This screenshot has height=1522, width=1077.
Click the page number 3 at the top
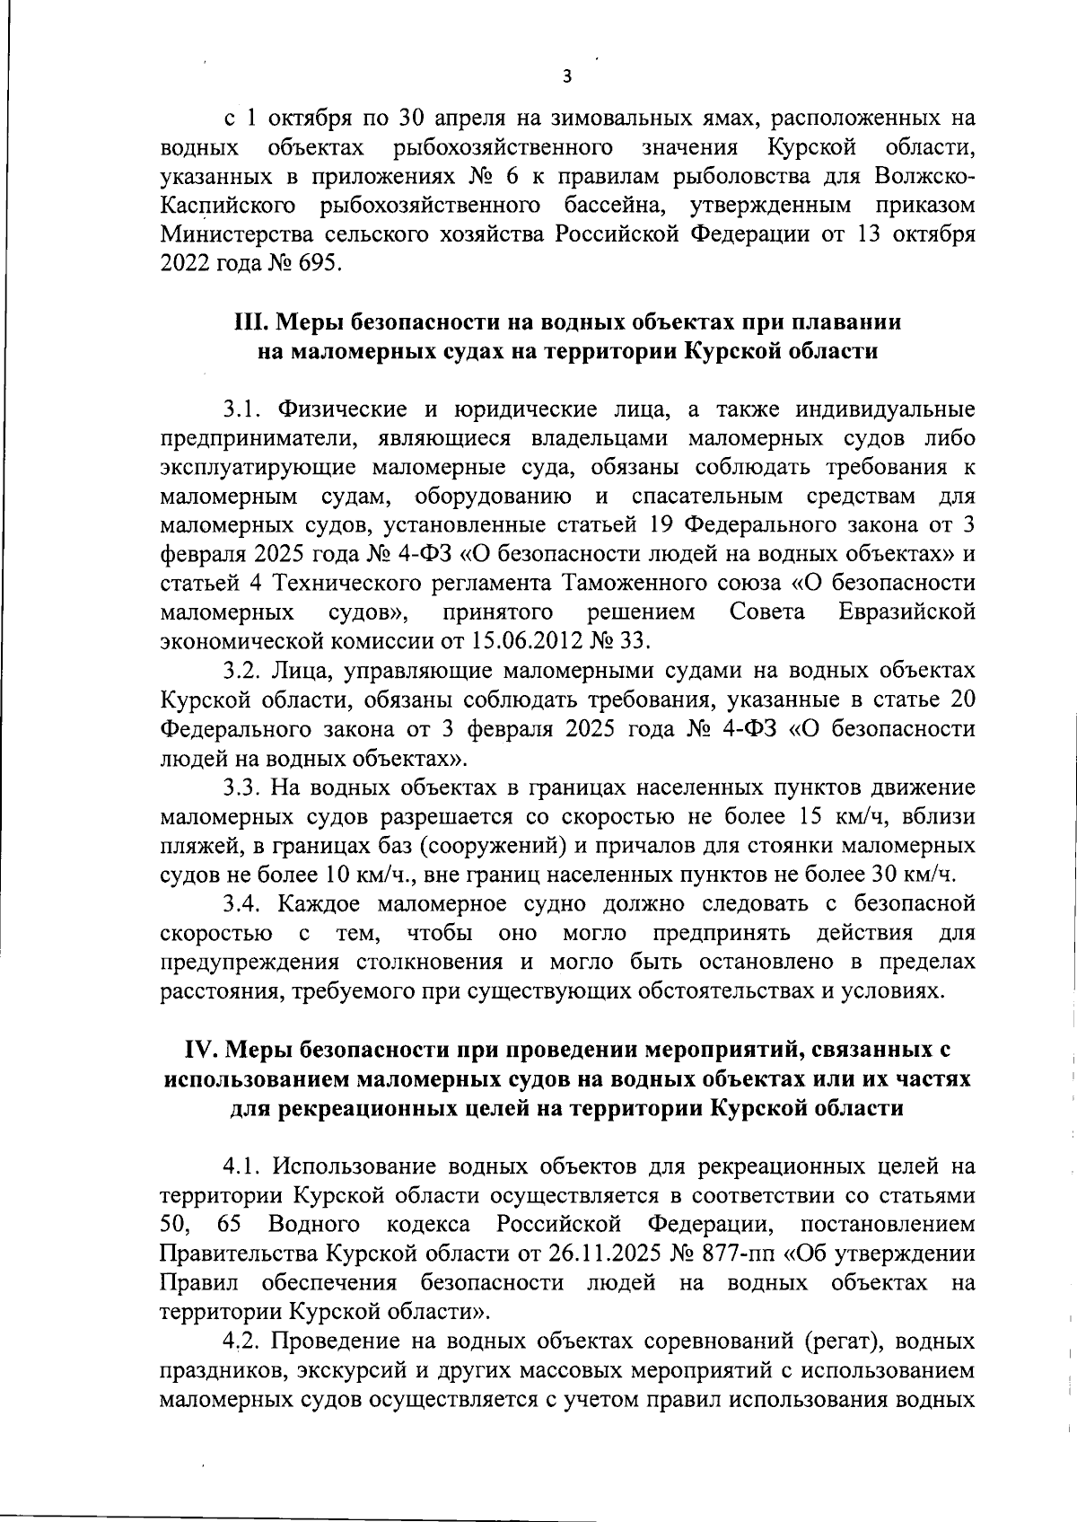566,76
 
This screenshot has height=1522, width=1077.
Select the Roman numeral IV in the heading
198,1050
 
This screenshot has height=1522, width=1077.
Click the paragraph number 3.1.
241,409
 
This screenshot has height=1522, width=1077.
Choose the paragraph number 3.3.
241,788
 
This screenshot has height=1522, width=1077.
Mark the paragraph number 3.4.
241,903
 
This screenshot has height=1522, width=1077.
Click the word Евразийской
906,613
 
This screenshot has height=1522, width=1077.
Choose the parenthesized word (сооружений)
491,846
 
